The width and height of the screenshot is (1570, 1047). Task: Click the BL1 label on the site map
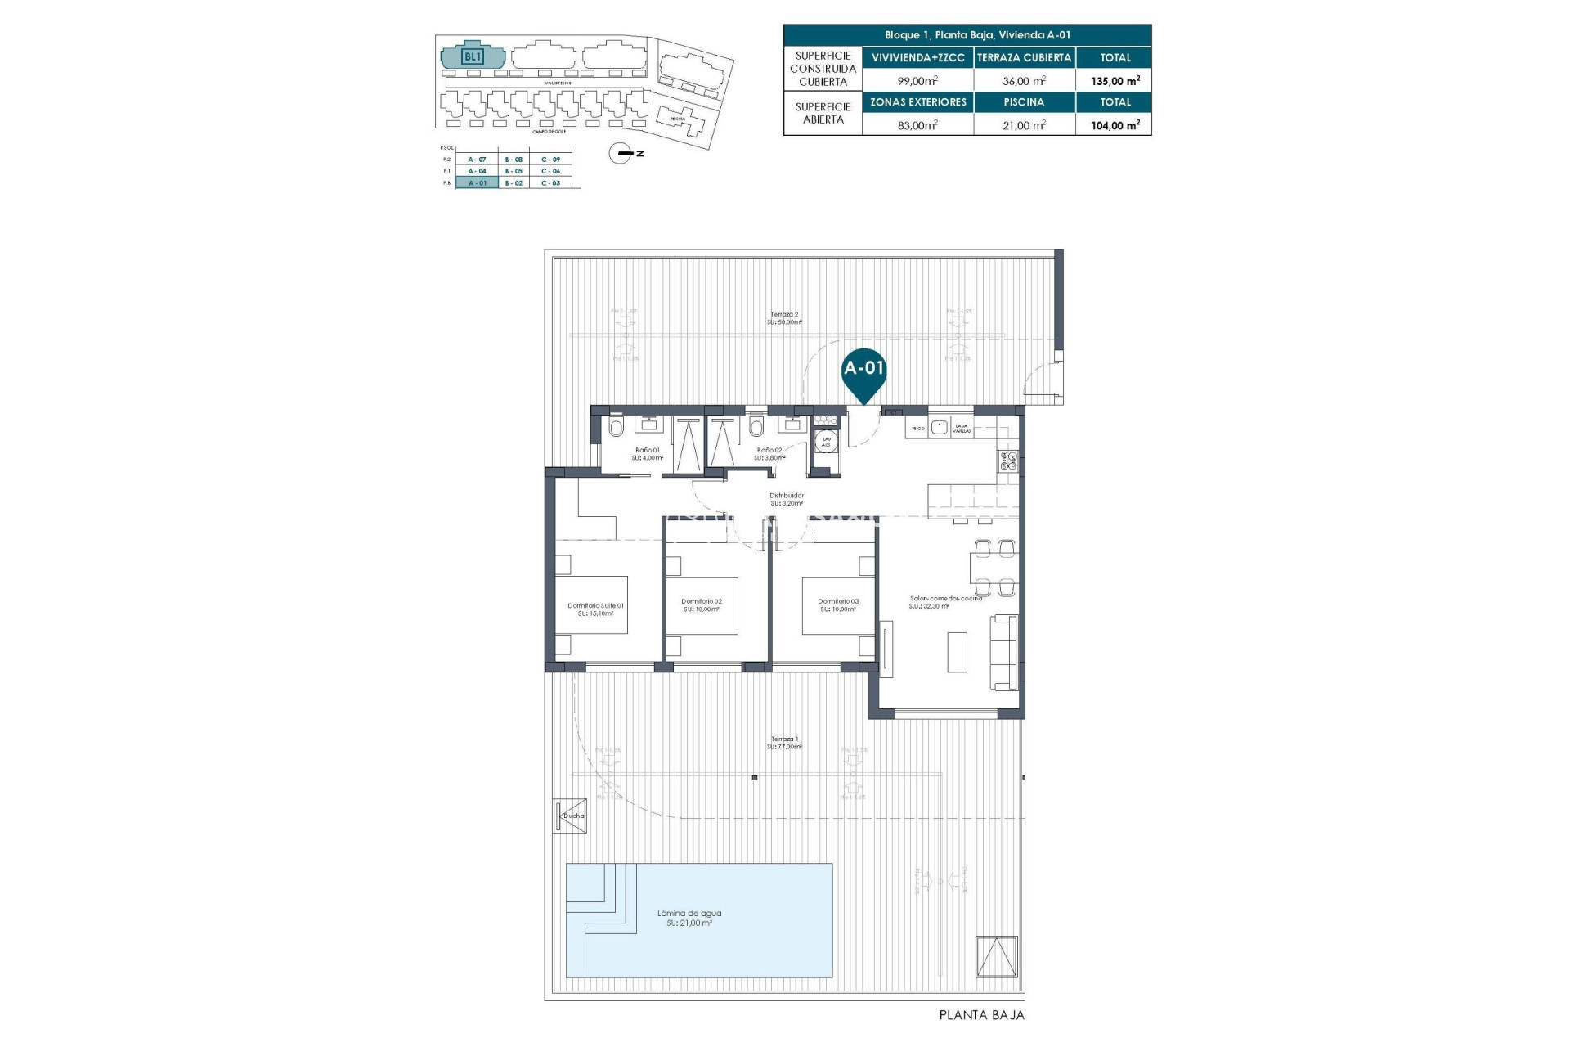tap(473, 56)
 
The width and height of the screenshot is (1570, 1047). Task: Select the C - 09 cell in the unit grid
tap(550, 160)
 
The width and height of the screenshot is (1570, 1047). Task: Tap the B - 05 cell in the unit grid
tap(514, 171)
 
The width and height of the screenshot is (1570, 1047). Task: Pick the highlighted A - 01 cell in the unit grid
tap(477, 183)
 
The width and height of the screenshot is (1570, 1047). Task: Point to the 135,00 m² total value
tap(1115, 81)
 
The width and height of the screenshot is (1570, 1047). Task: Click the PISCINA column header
tap(1024, 102)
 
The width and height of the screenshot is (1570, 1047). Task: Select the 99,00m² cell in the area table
tap(917, 81)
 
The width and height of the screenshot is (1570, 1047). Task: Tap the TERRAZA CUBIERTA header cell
tap(1024, 58)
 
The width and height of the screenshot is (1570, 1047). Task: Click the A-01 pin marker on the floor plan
tap(864, 370)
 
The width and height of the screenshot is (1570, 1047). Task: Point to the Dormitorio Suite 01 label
tap(595, 609)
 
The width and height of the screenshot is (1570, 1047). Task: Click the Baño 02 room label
tap(769, 453)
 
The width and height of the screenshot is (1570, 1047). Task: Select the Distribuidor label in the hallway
tap(786, 499)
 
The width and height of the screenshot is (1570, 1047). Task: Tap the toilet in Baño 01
tap(616, 428)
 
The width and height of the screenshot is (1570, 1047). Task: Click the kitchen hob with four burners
tap(1007, 461)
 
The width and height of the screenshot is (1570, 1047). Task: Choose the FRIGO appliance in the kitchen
tap(917, 428)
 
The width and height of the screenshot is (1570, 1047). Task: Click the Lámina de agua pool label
tap(689, 918)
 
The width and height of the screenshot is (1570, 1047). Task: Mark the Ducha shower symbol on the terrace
tap(571, 816)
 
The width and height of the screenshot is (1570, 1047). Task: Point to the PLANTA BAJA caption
tap(981, 1015)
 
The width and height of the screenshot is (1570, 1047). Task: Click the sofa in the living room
tap(1004, 652)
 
